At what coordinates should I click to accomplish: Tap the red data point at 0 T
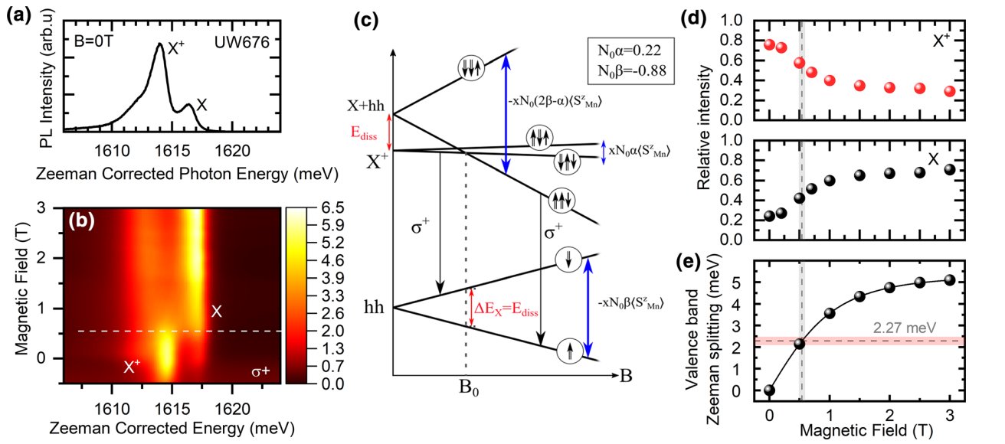(769, 44)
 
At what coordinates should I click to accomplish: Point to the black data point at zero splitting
(769, 390)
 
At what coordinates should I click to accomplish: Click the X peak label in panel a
(201, 108)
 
